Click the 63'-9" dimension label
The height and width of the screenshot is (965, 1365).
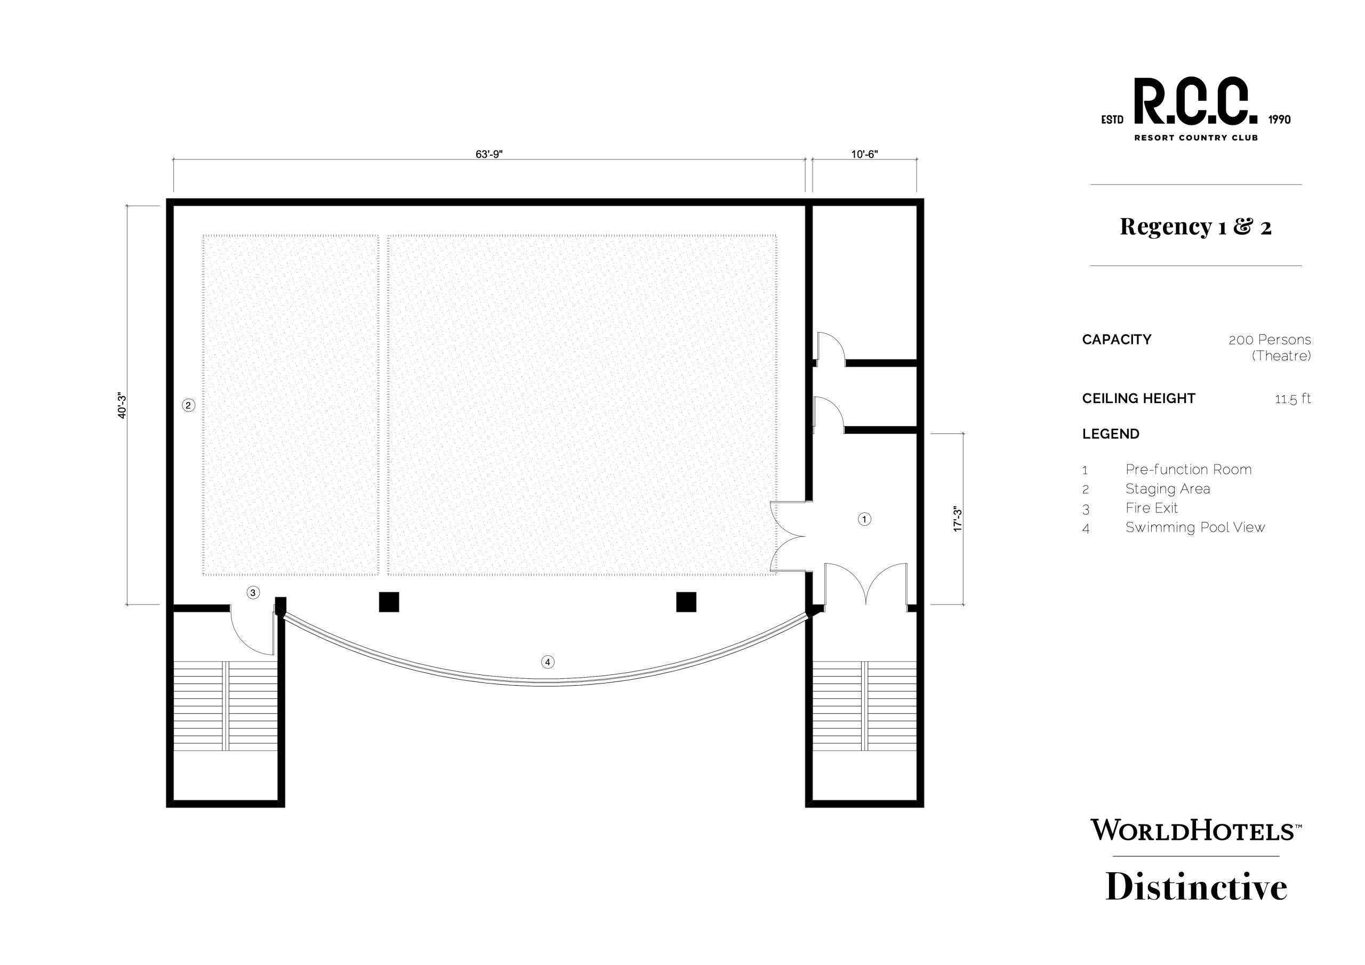coord(489,155)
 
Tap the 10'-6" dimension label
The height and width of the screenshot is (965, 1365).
coord(864,155)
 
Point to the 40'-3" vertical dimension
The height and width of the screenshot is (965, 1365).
coord(122,405)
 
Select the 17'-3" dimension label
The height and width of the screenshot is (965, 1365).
coord(957,519)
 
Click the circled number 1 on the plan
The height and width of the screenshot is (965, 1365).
coord(864,519)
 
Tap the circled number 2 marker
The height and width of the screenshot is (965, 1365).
coord(188,406)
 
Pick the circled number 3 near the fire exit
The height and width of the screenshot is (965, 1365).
coord(253,593)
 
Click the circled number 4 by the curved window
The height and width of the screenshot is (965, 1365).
coord(548,662)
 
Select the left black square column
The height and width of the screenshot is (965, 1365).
coord(389,602)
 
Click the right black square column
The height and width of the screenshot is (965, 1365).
coord(686,602)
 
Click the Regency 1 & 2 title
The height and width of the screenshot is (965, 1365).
coord(1195,227)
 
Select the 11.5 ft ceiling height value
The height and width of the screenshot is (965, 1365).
coord(1292,398)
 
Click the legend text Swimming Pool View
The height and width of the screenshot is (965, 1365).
coord(1195,527)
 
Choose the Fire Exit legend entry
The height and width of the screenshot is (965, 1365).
coord(1152,508)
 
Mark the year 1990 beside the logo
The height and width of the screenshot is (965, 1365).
coord(1279,119)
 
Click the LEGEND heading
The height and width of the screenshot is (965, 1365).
coord(1111,434)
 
